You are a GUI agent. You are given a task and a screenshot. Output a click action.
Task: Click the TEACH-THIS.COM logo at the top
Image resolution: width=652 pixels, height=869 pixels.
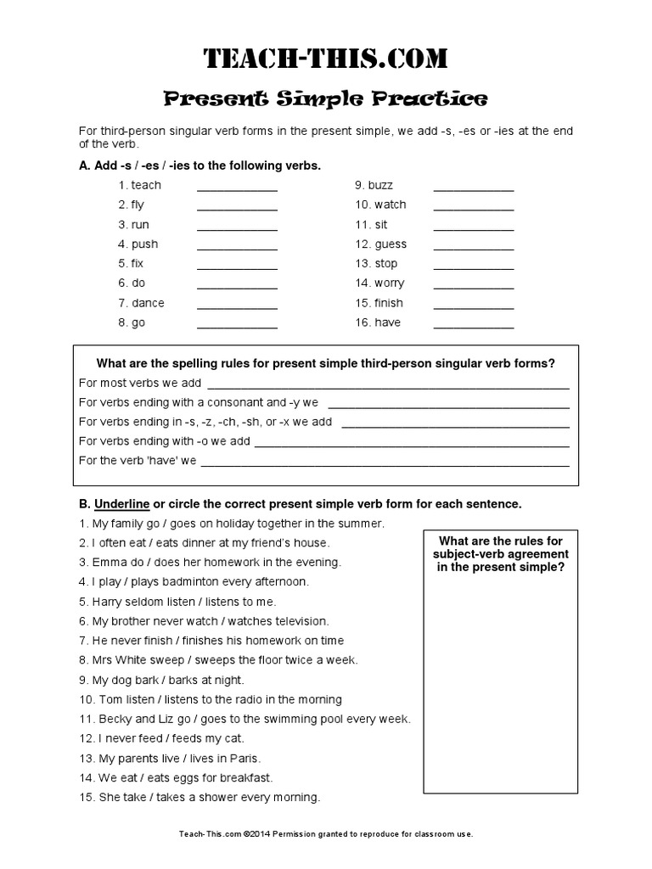[x=325, y=59]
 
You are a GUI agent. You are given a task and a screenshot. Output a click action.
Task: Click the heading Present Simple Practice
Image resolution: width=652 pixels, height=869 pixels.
[x=325, y=99]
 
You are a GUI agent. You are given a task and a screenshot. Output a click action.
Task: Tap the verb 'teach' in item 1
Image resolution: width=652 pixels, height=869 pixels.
[x=146, y=185]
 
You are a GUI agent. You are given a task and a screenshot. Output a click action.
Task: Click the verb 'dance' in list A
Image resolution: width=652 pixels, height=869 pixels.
[x=148, y=303]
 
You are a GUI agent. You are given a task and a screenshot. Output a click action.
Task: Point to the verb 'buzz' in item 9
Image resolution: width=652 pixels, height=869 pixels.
[x=380, y=185]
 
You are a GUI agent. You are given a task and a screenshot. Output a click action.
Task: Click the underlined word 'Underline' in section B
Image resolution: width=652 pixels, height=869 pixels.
[x=121, y=504]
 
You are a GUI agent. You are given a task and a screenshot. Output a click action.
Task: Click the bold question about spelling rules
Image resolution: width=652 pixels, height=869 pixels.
[x=325, y=363]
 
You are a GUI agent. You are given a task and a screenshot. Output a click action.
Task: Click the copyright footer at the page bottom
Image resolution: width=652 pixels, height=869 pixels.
[x=325, y=834]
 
